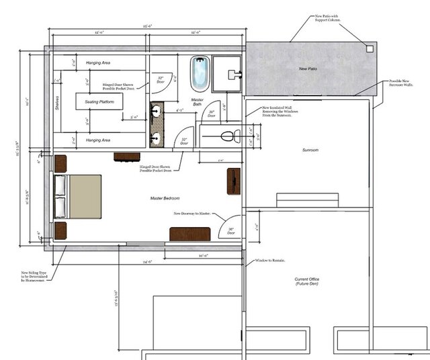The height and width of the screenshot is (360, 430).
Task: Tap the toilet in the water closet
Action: pyautogui.click(x=228, y=137)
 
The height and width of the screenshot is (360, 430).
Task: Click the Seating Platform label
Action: pyautogui.click(x=103, y=102)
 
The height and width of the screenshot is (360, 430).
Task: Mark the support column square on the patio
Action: pyautogui.click(x=370, y=48)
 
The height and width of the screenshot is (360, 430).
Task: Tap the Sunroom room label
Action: pyautogui.click(x=310, y=150)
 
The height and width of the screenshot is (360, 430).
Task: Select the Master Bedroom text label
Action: pyautogui.click(x=167, y=198)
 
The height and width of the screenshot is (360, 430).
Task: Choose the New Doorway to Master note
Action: pyautogui.click(x=193, y=214)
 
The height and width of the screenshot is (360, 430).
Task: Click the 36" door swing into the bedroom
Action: pyautogui.click(x=231, y=227)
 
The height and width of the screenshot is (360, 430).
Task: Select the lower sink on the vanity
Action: pyautogui.click(x=157, y=139)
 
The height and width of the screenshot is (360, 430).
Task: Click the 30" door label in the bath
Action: pyautogui.click(x=211, y=114)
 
